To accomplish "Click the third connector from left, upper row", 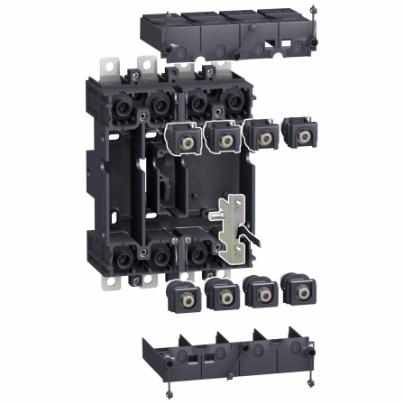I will pyautogui.click(x=261, y=134).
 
